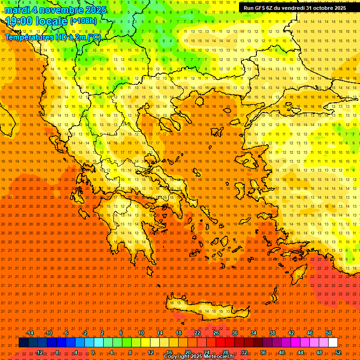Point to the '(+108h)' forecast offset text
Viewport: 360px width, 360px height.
pyautogui.click(x=83, y=21)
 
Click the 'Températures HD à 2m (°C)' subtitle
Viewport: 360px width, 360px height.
pyautogui.click(x=53, y=37)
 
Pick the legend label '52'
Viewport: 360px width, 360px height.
pyautogui.click(x=338, y=352)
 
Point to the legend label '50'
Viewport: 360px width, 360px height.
pyautogui.click(x=329, y=333)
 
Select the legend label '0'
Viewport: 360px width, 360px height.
pyautogui.click(x=93, y=352)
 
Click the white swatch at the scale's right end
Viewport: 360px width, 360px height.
pyautogui.click(x=333, y=343)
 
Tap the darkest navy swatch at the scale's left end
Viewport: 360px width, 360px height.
pyautogui.click(x=23, y=343)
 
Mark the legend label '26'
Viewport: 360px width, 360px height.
pyautogui.click(x=216, y=333)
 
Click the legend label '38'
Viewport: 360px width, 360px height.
pyautogui.click(x=272, y=333)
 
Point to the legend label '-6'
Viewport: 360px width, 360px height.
pyautogui.click(x=66, y=333)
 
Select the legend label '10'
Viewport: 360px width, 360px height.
pyautogui.click(x=141, y=333)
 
